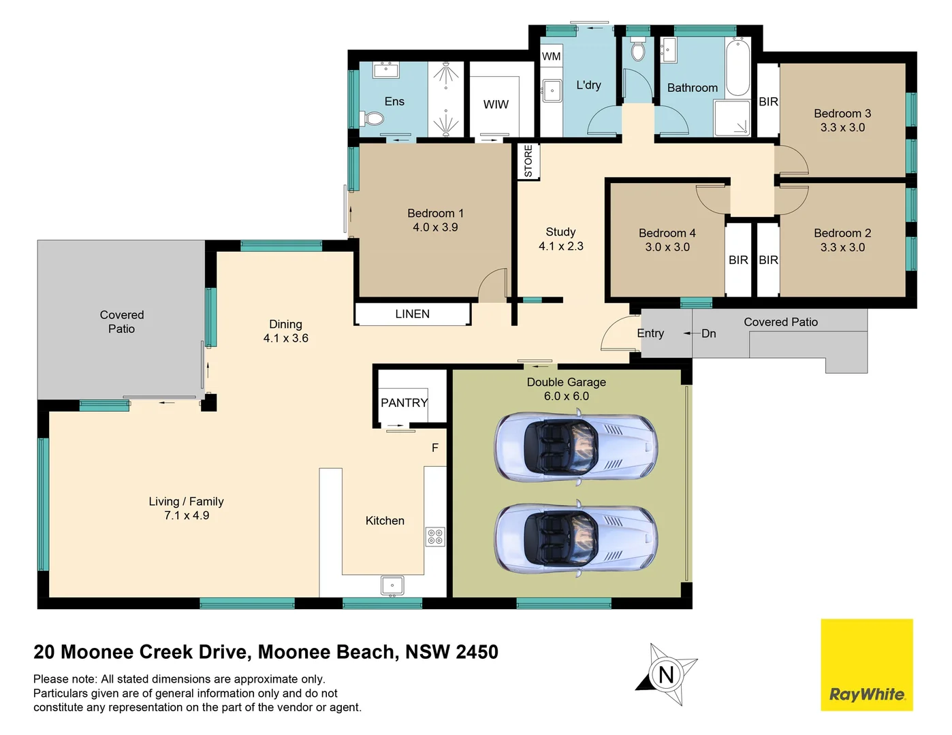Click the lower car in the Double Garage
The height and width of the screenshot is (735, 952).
pyautogui.click(x=575, y=538)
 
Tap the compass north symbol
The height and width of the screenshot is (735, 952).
pyautogui.click(x=666, y=674)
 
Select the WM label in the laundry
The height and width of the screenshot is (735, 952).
pyautogui.click(x=551, y=56)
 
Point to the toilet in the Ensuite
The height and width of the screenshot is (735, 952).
pyautogui.click(x=373, y=118)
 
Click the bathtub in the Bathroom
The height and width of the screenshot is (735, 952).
pyautogui.click(x=737, y=69)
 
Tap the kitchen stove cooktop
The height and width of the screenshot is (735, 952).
pyautogui.click(x=435, y=536)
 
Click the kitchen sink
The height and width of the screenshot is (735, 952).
pyautogui.click(x=392, y=585)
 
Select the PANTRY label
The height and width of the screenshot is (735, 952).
pyautogui.click(x=404, y=403)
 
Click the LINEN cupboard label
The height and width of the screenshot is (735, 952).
pyautogui.click(x=412, y=314)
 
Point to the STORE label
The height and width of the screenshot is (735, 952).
pyautogui.click(x=528, y=161)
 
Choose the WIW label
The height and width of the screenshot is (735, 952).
pyautogui.click(x=496, y=104)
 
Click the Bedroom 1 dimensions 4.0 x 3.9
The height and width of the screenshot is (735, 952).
pyautogui.click(x=435, y=227)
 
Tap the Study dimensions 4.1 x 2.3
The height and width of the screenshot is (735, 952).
pyautogui.click(x=560, y=246)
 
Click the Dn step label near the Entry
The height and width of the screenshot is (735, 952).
pyautogui.click(x=708, y=333)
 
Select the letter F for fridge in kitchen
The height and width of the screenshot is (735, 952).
pyautogui.click(x=435, y=448)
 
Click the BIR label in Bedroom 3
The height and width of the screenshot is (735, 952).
pyautogui.click(x=768, y=102)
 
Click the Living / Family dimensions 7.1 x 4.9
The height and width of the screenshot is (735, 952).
pyautogui.click(x=186, y=516)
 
